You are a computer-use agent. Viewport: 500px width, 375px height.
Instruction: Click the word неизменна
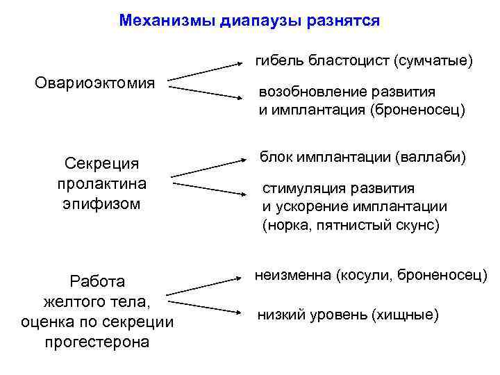click(x=294, y=276)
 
